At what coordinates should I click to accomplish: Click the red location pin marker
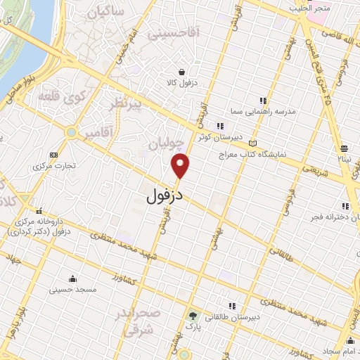[181, 165]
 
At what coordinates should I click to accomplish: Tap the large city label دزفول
[165, 196]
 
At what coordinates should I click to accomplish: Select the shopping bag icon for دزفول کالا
[182, 72]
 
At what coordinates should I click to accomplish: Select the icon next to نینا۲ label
[345, 148]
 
